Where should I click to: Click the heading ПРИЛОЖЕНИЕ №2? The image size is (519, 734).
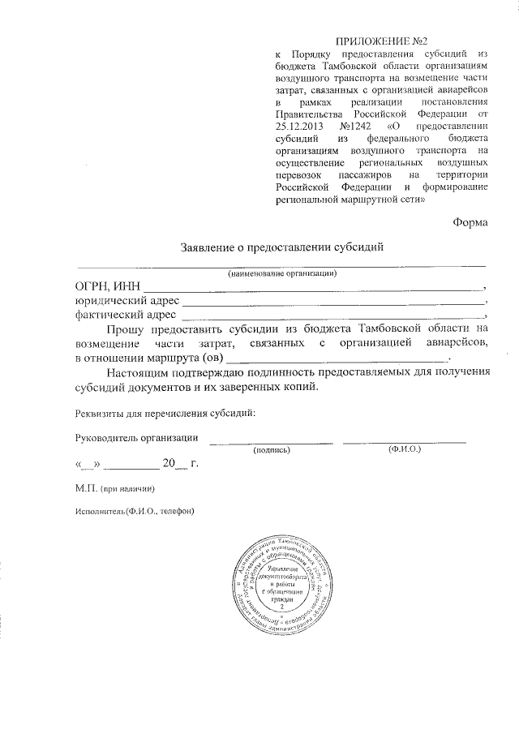coord(380,41)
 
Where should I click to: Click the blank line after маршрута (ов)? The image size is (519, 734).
coord(336,357)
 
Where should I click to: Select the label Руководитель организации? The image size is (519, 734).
coord(136,438)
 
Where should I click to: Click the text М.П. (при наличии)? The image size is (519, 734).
coord(114,488)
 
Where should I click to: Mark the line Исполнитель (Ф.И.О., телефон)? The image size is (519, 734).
coord(135,511)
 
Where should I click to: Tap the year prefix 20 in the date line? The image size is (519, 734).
coord(169,464)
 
